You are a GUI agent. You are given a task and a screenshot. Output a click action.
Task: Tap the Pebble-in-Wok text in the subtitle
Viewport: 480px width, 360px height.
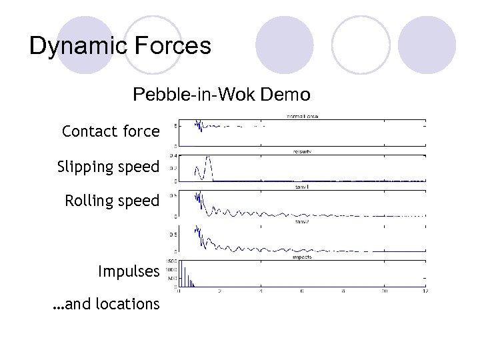194,94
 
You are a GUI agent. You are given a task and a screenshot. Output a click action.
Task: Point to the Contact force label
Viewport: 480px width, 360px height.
111,131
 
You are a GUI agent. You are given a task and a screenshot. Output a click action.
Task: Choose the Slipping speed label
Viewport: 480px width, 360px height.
109,167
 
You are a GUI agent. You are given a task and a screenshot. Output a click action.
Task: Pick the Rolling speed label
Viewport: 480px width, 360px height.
112,201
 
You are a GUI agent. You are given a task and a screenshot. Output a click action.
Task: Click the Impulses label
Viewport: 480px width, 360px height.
129,271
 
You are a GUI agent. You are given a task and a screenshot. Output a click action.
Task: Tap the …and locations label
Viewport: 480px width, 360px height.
106,304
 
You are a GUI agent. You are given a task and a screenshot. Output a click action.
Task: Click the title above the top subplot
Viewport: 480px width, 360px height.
302,116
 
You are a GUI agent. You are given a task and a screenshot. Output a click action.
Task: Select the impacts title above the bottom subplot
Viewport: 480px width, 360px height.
302,257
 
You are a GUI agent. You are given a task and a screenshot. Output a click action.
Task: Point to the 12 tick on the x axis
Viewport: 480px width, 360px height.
425,291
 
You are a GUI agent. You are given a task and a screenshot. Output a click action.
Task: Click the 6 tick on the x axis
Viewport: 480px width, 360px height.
302,291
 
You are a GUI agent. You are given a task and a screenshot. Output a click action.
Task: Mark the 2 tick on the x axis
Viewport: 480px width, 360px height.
219,291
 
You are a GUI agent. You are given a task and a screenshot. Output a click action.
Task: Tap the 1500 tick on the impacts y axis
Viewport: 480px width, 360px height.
170,261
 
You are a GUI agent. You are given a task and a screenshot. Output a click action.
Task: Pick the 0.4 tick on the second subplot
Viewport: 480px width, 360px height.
172,155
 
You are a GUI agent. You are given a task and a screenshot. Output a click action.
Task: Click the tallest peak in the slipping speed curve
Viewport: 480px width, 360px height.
208,158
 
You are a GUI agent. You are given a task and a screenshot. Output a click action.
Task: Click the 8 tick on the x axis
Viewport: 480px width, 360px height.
343,291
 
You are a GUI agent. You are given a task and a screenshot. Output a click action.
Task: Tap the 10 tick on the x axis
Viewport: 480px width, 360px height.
385,291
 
